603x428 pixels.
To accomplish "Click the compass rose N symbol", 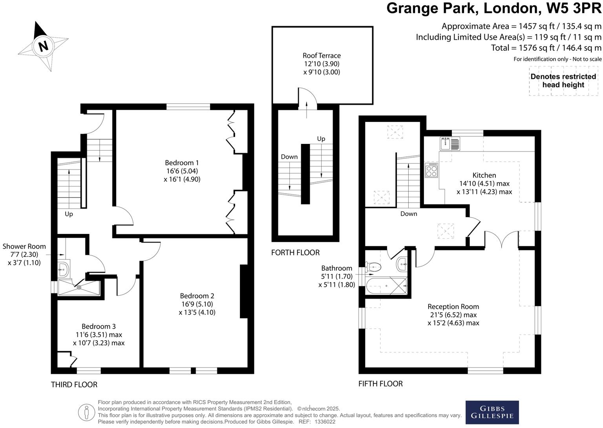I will [x=43, y=46].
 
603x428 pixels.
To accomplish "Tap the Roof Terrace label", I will [x=322, y=56].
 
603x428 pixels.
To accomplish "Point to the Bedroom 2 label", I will [x=197, y=296].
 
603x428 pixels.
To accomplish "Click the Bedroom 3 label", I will [x=99, y=326].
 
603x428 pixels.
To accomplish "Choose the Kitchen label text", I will [x=484, y=175].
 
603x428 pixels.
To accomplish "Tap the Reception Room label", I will [x=453, y=306].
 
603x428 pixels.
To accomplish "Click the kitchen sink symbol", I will [x=450, y=144].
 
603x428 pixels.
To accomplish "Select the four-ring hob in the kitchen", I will [x=431, y=170].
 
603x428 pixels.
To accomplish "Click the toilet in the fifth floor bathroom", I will [x=373, y=267].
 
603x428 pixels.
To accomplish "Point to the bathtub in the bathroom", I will [x=386, y=286].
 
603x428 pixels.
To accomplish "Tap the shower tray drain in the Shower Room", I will [x=79, y=287].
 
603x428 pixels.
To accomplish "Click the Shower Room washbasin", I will [x=63, y=269].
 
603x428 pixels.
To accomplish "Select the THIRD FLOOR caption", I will [x=74, y=384].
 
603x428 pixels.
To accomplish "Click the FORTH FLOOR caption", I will [x=295, y=253].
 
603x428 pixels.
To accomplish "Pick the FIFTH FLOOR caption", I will [x=380, y=384].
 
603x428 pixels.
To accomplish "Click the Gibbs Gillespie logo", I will [x=492, y=412].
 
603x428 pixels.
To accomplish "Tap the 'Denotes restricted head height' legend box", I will [x=563, y=81].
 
